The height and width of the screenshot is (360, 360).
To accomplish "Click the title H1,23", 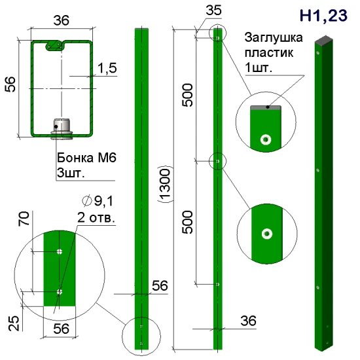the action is point(323,16).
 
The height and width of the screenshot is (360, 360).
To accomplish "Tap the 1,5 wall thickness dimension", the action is point(107,68).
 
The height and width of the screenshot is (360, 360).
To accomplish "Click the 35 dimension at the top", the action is point(214,10).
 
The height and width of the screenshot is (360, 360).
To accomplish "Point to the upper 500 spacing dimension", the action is point(187,95).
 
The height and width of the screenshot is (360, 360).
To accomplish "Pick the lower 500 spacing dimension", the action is point(187,223).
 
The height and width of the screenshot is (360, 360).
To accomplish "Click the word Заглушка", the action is point(274,38).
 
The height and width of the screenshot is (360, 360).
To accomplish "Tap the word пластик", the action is point(269,53).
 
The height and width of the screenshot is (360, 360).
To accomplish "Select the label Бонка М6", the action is point(86,158).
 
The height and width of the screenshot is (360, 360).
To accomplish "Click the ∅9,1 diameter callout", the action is point(98,201).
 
